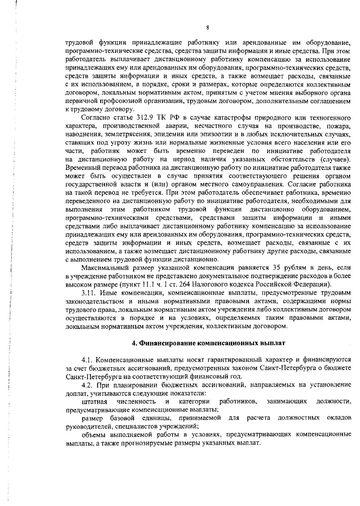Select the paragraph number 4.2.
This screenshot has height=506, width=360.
87,385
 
